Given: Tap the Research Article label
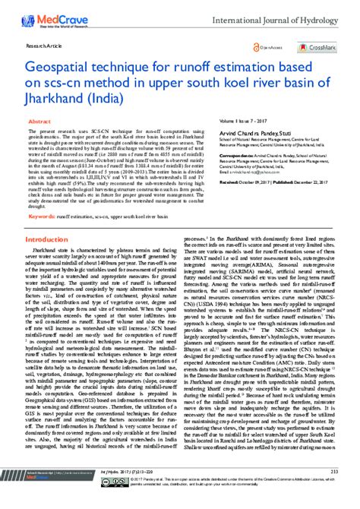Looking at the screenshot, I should [44, 46].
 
